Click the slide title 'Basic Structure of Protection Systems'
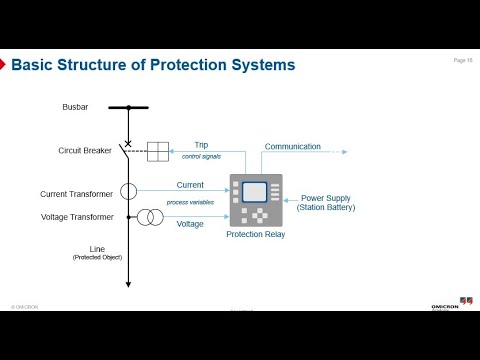click(x=152, y=66)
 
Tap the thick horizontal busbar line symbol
click(x=127, y=106)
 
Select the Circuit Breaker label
click(x=84, y=151)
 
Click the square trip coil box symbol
click(x=158, y=151)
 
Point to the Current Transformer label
click(x=76, y=194)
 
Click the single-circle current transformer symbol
click(x=128, y=191)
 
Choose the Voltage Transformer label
click(x=77, y=216)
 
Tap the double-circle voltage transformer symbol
click(x=150, y=217)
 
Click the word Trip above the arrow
click(x=201, y=145)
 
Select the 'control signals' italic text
click(x=204, y=158)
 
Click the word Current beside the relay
click(x=190, y=185)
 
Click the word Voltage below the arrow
click(x=190, y=224)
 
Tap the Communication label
click(x=292, y=146)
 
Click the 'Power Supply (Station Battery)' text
click(x=327, y=203)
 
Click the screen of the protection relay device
click(x=256, y=192)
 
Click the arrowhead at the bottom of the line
click(x=128, y=285)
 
